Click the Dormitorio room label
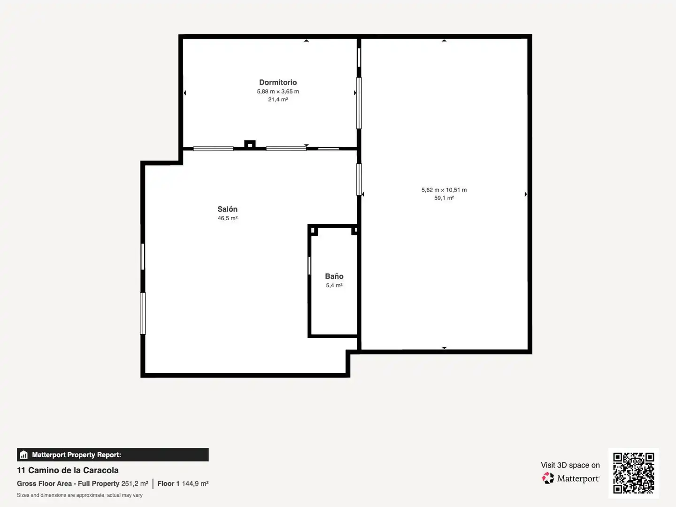pyautogui.click(x=278, y=82)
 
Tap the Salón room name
pyautogui.click(x=227, y=209)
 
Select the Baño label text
pyautogui.click(x=334, y=276)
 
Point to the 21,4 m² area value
pyautogui.click(x=278, y=100)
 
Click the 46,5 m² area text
pyautogui.click(x=227, y=218)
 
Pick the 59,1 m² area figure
pyautogui.click(x=444, y=198)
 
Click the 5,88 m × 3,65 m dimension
pyautogui.click(x=278, y=92)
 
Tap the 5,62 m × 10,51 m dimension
pyautogui.click(x=444, y=190)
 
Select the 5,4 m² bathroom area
pyautogui.click(x=334, y=285)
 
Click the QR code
pyautogui.click(x=633, y=473)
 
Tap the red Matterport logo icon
pyautogui.click(x=547, y=478)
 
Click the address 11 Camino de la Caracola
pyautogui.click(x=68, y=470)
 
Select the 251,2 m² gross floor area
pyautogui.click(x=135, y=484)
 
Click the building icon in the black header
pyautogui.click(x=24, y=455)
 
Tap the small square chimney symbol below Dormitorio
pyautogui.click(x=250, y=144)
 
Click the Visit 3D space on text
pyautogui.click(x=570, y=465)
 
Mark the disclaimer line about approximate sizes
pyautogui.click(x=79, y=495)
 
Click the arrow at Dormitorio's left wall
pyautogui.click(x=185, y=92)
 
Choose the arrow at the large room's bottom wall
pyautogui.click(x=444, y=348)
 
